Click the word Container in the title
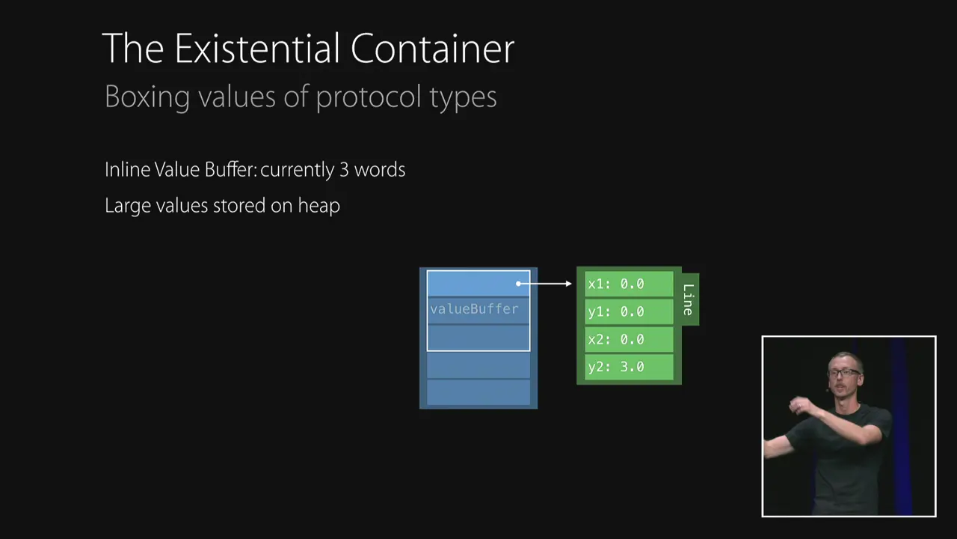pos(432,49)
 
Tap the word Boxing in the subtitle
pos(147,97)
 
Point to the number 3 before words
pos(344,170)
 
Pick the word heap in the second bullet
pos(319,206)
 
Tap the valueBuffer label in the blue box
pos(474,309)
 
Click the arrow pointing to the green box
pos(546,284)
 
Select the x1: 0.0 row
pos(628,284)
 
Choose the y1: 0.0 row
pos(628,311)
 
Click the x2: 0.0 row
pos(628,339)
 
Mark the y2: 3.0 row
pos(628,367)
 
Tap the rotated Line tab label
pos(689,299)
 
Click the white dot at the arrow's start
pos(519,284)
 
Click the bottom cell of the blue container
pos(478,392)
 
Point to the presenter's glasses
pos(846,372)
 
